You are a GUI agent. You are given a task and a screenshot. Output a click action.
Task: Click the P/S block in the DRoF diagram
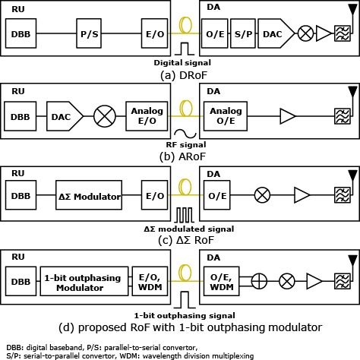click(89, 33)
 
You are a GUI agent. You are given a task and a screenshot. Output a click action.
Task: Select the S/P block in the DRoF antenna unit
click(243, 33)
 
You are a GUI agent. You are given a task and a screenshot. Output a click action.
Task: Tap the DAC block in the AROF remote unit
click(65, 116)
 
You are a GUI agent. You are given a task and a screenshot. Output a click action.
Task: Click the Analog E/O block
click(147, 116)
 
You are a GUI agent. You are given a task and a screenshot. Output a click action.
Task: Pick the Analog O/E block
click(226, 116)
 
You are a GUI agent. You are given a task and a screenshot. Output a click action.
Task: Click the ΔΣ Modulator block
click(89, 195)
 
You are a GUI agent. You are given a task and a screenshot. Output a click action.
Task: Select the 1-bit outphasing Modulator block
click(84, 281)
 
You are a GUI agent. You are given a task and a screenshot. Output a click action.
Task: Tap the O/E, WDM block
click(222, 281)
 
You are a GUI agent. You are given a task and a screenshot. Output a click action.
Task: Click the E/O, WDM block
click(150, 281)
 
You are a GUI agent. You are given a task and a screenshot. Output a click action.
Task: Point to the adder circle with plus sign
click(259, 281)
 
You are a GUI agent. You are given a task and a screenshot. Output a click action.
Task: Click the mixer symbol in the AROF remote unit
click(105, 116)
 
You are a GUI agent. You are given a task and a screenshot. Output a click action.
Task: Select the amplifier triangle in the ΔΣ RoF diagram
click(302, 195)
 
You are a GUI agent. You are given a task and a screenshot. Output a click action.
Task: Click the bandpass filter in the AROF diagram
click(343, 116)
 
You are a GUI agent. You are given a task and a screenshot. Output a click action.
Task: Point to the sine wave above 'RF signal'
click(185, 134)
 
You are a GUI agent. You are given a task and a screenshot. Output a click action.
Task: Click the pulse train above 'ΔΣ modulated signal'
click(185, 215)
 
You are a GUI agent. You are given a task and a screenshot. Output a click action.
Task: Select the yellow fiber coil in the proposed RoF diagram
click(185, 273)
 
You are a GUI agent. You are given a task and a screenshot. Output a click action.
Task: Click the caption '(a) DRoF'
click(184, 75)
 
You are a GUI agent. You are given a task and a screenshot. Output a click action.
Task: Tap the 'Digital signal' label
click(182, 62)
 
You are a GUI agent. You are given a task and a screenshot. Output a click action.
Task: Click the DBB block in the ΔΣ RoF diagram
click(21, 195)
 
